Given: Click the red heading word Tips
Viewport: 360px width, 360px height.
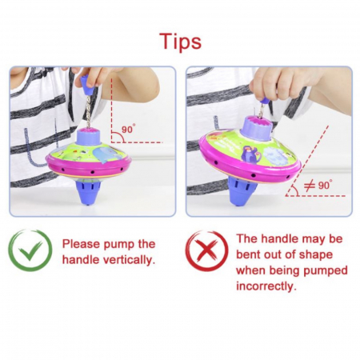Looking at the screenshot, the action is coord(180,41).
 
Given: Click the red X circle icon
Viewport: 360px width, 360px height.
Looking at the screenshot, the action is coord(206,250).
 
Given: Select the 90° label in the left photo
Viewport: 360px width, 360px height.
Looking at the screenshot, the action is coord(129,129).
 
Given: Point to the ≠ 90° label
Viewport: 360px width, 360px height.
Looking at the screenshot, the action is coord(318,185).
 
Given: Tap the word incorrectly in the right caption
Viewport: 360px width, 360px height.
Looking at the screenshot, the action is coord(266,286).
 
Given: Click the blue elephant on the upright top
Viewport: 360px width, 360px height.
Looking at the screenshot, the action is coord(105,154).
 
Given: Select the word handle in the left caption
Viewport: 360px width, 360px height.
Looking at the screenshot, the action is coord(81,260).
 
